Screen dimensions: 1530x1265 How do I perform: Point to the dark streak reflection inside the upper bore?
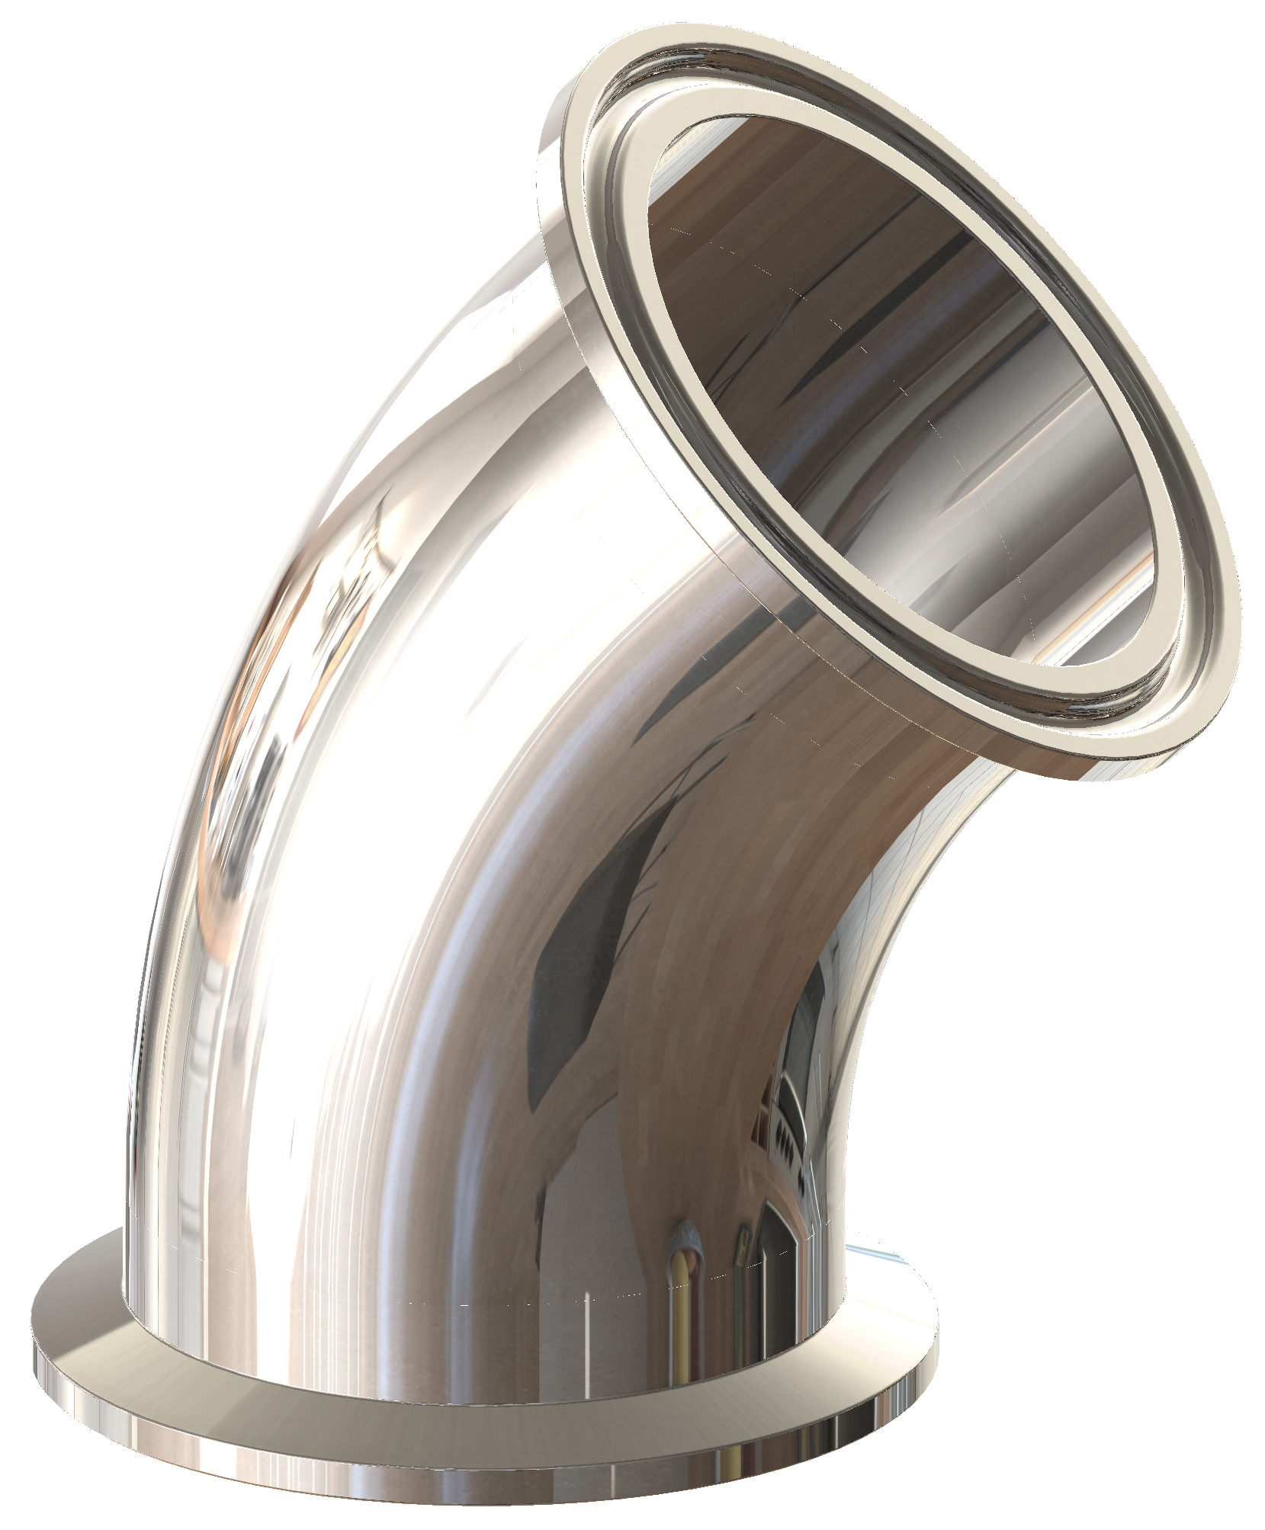click(x=839, y=328)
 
